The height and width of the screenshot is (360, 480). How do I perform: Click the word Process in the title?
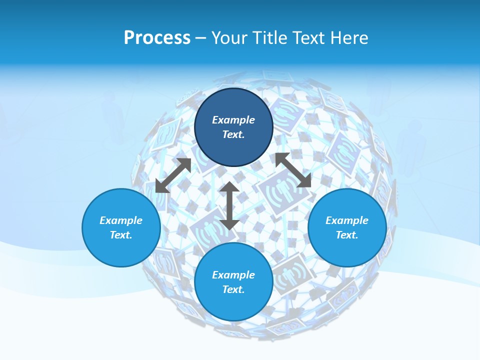[157, 38]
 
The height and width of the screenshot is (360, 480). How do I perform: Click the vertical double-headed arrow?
[229, 206]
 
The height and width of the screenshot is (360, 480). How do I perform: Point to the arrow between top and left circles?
[173, 175]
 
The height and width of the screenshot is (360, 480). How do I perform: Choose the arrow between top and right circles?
[293, 170]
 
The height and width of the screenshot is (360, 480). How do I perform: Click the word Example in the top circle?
[233, 120]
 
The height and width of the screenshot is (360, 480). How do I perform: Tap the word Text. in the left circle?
[121, 235]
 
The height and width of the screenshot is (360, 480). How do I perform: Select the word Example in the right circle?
[347, 220]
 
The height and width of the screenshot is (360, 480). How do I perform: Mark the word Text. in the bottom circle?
[233, 289]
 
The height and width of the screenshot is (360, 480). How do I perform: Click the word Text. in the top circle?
[233, 134]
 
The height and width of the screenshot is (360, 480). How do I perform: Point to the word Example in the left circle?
[121, 220]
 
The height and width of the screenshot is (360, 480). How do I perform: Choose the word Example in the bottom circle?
[233, 275]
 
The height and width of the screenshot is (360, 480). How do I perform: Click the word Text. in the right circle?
[347, 235]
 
